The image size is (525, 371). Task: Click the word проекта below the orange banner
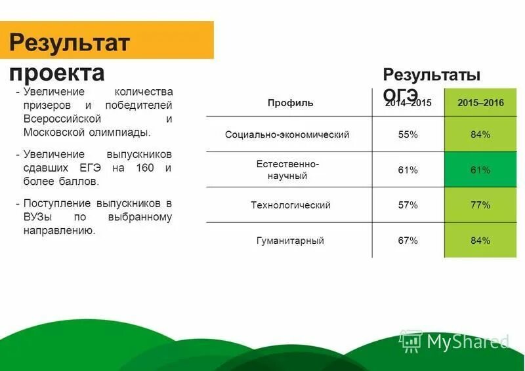pyautogui.click(x=57, y=71)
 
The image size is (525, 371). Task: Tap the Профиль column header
pyautogui.click(x=290, y=103)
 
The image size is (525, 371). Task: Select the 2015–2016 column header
pyautogui.click(x=480, y=103)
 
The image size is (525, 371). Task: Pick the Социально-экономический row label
pyautogui.click(x=287, y=134)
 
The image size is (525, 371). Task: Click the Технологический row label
pyautogui.click(x=290, y=205)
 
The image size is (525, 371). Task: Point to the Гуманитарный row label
pyautogui.click(x=290, y=241)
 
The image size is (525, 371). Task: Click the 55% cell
pyautogui.click(x=408, y=134)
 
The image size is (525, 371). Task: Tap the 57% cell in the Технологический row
pyautogui.click(x=408, y=205)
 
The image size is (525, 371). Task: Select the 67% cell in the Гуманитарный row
pyautogui.click(x=408, y=241)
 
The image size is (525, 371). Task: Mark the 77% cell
pyautogui.click(x=480, y=205)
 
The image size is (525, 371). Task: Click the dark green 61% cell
pyautogui.click(x=480, y=170)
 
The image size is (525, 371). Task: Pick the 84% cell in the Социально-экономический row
pyautogui.click(x=480, y=134)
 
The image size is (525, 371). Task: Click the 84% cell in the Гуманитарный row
pyautogui.click(x=480, y=241)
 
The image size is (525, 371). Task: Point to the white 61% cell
pyautogui.click(x=408, y=170)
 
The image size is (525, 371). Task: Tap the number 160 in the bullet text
pyautogui.click(x=145, y=168)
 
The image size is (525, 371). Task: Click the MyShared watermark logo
pyautogui.click(x=455, y=341)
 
